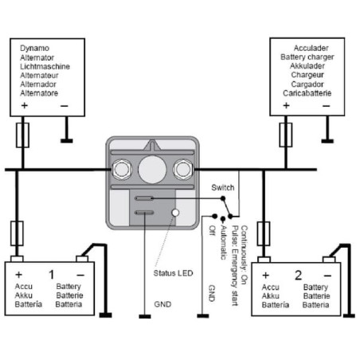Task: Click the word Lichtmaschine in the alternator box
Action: (x=45, y=66)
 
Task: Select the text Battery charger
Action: (x=307, y=57)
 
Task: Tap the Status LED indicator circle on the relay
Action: (x=175, y=213)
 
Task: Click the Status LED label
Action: (x=173, y=273)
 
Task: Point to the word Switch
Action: (x=223, y=188)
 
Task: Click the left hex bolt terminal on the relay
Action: (x=122, y=169)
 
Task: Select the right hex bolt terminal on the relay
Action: (x=182, y=169)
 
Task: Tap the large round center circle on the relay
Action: (x=152, y=170)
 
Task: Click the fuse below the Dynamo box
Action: (x=22, y=135)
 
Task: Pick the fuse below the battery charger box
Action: (x=286, y=135)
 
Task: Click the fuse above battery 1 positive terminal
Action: (x=17, y=233)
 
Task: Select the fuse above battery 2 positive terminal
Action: (x=264, y=234)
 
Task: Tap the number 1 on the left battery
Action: (x=52, y=275)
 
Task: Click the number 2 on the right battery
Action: (x=299, y=276)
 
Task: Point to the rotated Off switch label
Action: (x=212, y=230)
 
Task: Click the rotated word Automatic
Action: (x=223, y=242)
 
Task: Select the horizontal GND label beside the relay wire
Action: (x=162, y=304)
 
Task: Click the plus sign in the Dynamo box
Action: (x=25, y=106)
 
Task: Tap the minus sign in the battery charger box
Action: (x=327, y=106)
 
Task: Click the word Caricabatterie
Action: (x=307, y=93)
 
